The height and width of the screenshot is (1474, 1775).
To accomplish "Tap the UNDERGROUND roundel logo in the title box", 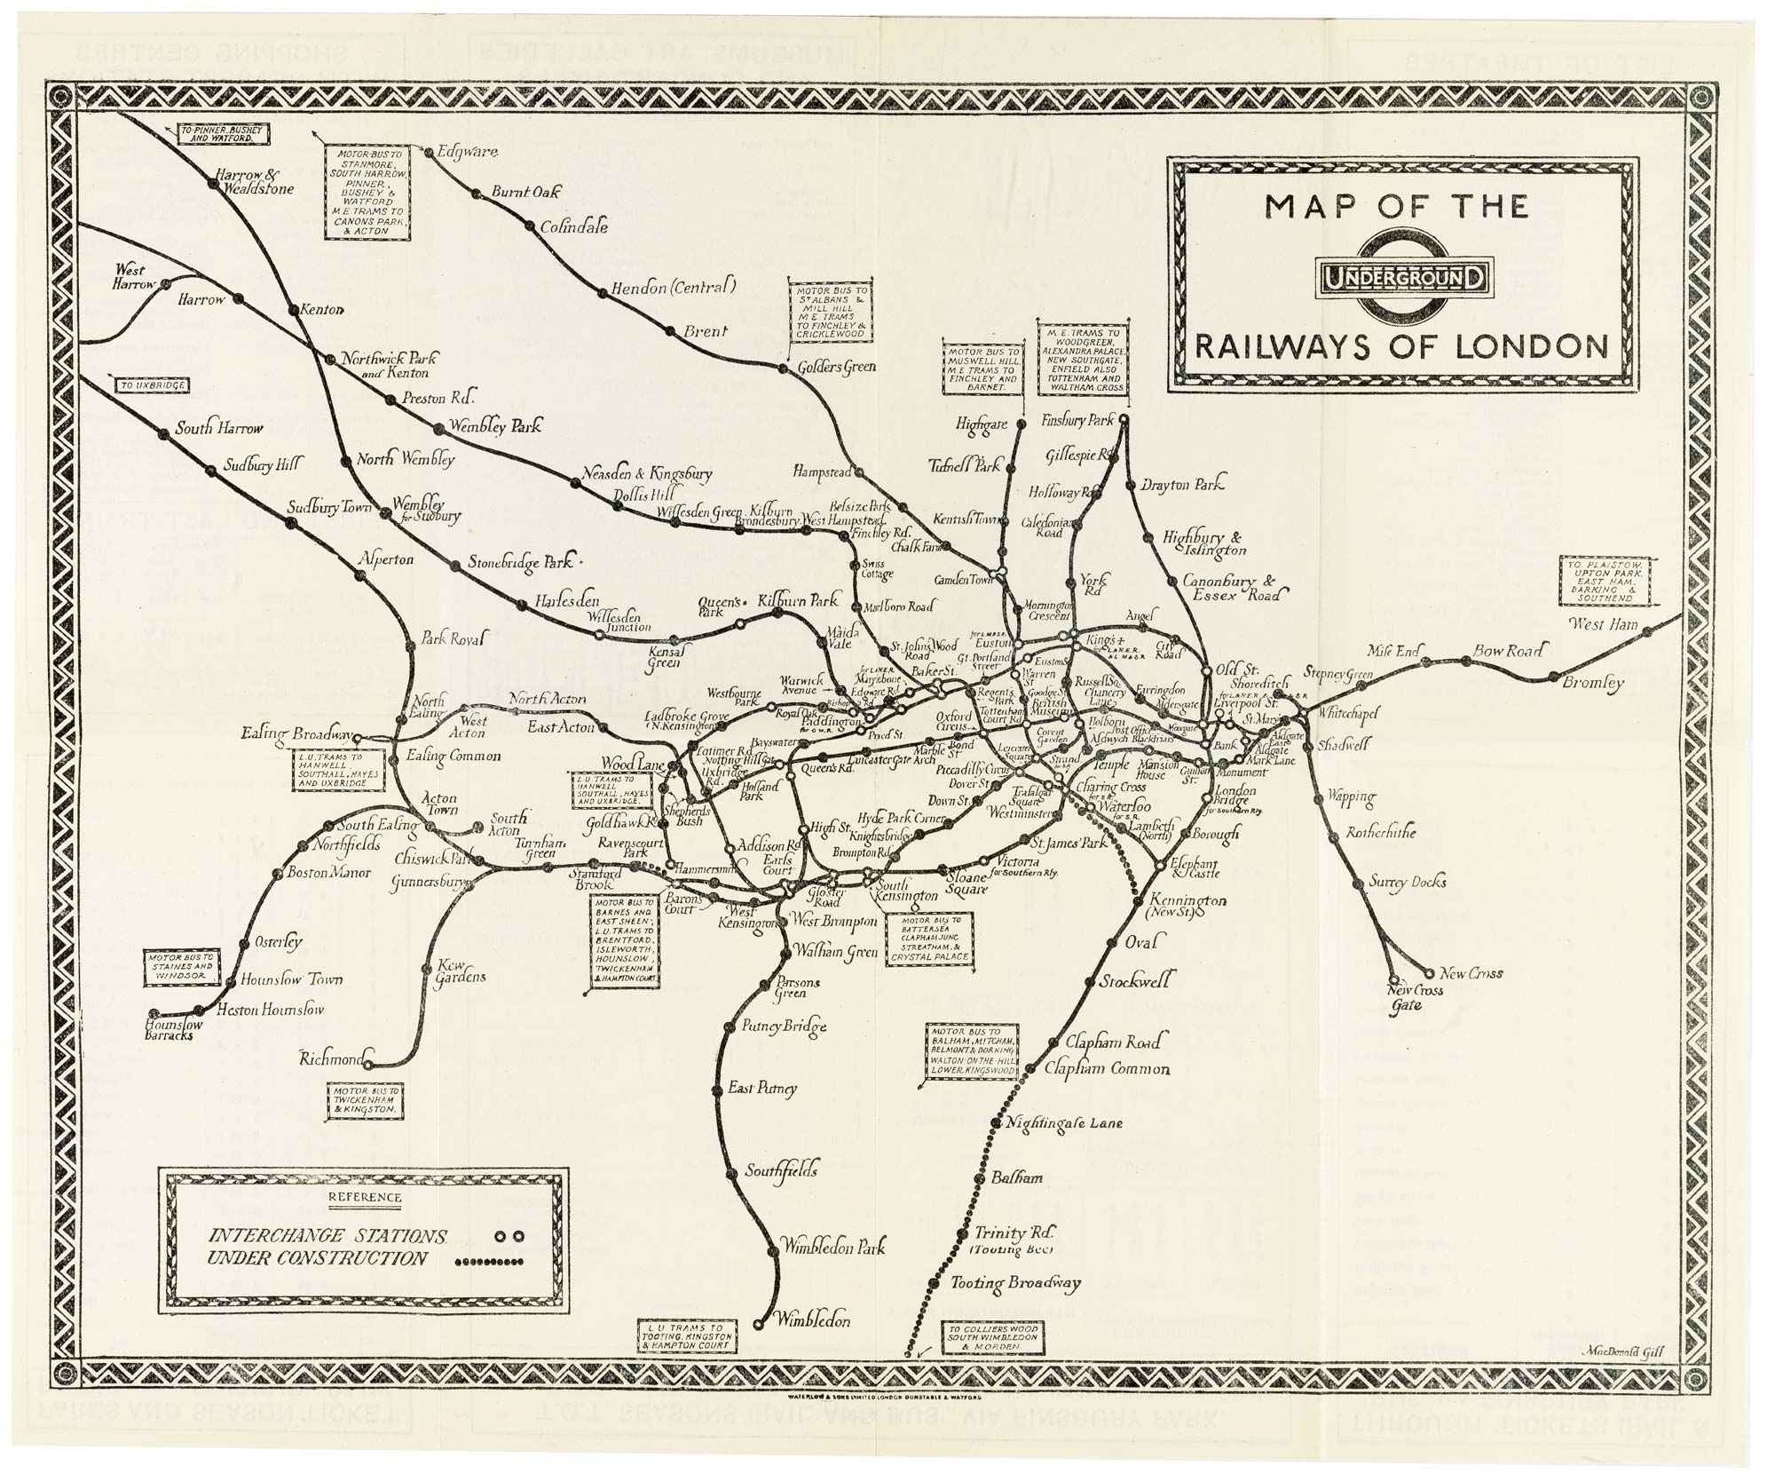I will coord(1403,280).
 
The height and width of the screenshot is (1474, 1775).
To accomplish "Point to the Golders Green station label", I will coord(836,367).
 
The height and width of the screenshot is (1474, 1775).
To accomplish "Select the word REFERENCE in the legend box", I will coord(364,1196).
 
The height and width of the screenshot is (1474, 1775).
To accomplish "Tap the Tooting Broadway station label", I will coord(1016,1283).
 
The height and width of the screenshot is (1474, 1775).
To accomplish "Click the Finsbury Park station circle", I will coord(1124,419).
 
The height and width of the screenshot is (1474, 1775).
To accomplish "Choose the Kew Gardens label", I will coord(460,971).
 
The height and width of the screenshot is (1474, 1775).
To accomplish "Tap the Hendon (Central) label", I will coord(674,288).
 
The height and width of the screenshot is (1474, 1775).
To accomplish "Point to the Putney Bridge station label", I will coord(785,1026).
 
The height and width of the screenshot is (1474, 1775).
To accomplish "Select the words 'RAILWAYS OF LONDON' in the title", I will coord(1401,346).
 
